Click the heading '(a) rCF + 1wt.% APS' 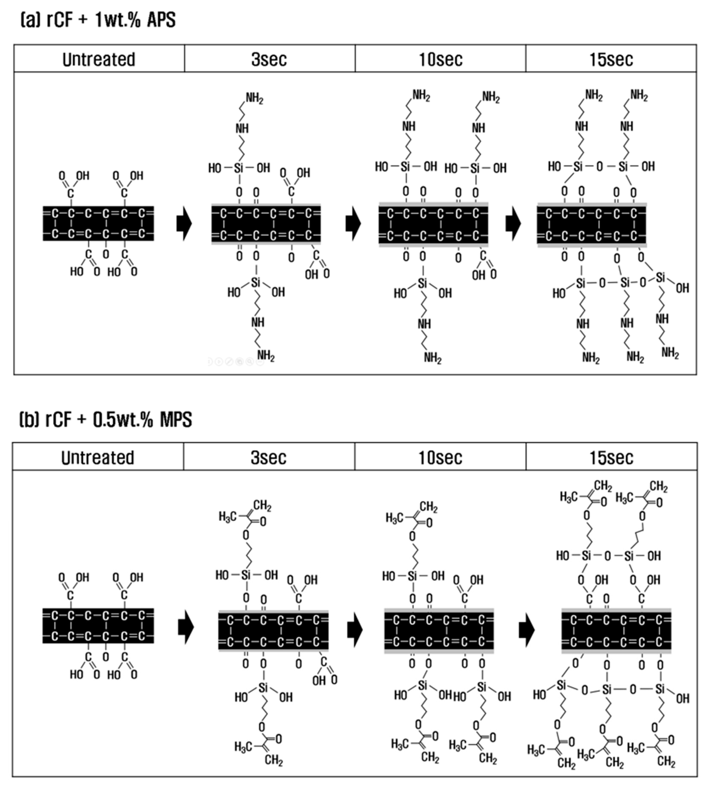pos(98,20)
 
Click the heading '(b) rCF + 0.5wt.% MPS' pos(106,420)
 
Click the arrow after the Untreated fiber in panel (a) pos(184,223)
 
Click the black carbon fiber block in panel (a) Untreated pos(98,223)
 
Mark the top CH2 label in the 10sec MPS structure pos(429,507)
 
